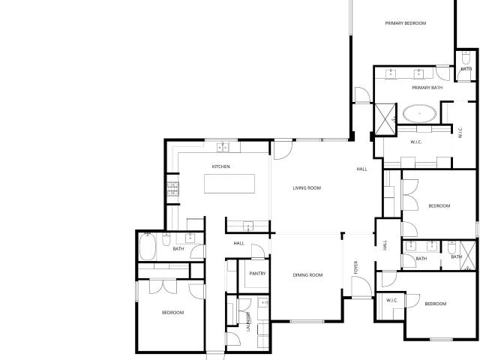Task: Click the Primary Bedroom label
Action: click(x=405, y=23)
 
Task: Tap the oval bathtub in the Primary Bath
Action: click(x=419, y=113)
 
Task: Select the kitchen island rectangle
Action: click(x=229, y=184)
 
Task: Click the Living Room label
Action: click(x=307, y=188)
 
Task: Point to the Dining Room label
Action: click(x=307, y=275)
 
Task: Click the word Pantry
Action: click(x=257, y=273)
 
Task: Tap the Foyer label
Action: click(x=355, y=267)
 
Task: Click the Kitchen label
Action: click(x=220, y=166)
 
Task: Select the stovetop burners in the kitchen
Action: click(x=172, y=189)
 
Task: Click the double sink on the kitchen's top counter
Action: click(x=223, y=148)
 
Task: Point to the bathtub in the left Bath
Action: click(x=148, y=247)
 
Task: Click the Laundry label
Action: click(x=248, y=322)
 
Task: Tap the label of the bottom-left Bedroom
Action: click(x=172, y=313)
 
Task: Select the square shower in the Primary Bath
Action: click(x=385, y=119)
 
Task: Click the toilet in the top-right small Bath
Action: click(x=466, y=58)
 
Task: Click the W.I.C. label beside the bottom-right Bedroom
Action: click(x=391, y=300)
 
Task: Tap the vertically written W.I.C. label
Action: click(x=460, y=132)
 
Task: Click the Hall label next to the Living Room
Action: click(x=361, y=169)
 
